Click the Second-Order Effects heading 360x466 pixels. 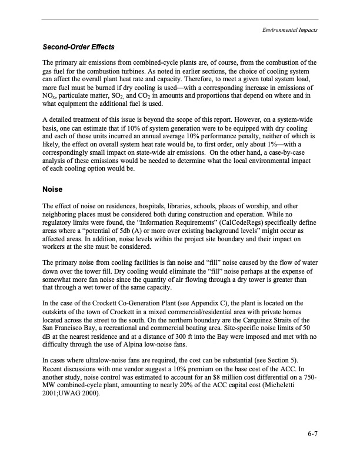click(78, 47)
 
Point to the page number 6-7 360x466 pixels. click(312, 435)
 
